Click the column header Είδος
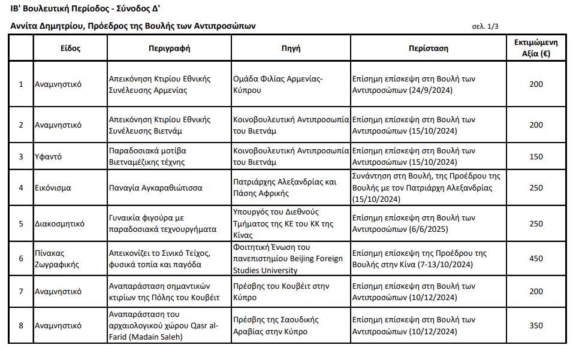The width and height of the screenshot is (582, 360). pyautogui.click(x=70, y=48)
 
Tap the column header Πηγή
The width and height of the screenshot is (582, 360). pyautogui.click(x=291, y=48)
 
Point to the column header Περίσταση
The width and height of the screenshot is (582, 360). pyautogui.click(x=429, y=48)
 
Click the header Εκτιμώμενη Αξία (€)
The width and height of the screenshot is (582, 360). pyautogui.click(x=536, y=48)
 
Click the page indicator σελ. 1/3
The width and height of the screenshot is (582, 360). pyautogui.click(x=485, y=26)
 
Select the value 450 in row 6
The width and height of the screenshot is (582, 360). pyautogui.click(x=536, y=258)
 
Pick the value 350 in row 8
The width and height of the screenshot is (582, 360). pyautogui.click(x=536, y=325)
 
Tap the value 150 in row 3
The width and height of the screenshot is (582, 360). pyautogui.click(x=536, y=156)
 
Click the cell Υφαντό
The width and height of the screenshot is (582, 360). pyautogui.click(x=49, y=156)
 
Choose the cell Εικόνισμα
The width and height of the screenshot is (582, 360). pyautogui.click(x=53, y=187)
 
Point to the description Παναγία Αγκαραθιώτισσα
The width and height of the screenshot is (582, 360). pyautogui.click(x=155, y=187)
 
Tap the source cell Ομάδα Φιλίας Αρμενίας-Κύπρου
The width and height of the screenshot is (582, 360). pyautogui.click(x=278, y=84)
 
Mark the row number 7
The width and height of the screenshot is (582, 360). pyautogui.click(x=21, y=292)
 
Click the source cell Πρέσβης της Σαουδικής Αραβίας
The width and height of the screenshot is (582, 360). pyautogui.click(x=276, y=325)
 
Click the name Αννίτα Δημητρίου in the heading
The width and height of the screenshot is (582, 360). pyautogui.click(x=50, y=26)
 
